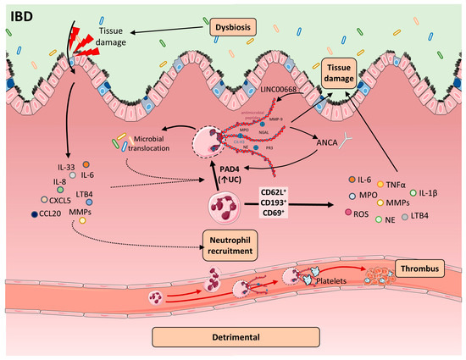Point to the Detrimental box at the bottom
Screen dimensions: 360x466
pyautogui.click(x=233, y=337)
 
